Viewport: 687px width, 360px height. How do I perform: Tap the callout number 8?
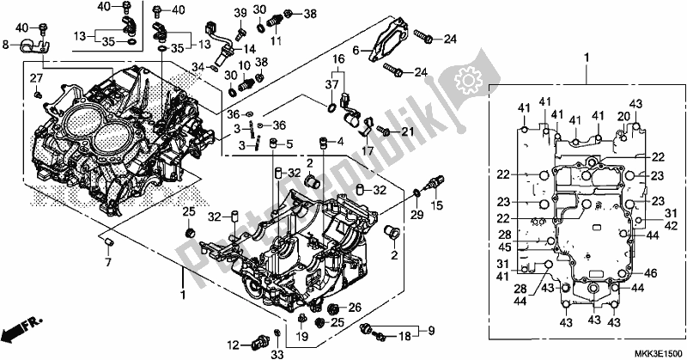click(5, 45)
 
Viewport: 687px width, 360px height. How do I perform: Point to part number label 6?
click(356, 51)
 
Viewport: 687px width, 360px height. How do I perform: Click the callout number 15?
click(437, 204)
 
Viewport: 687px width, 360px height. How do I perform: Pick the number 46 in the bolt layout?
click(651, 273)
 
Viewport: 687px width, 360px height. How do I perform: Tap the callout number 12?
click(234, 346)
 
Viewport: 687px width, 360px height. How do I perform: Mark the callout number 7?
click(108, 263)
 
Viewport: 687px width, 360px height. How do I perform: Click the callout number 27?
click(36, 78)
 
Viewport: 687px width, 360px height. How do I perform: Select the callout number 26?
click(356, 308)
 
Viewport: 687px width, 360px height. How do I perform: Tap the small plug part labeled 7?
click(108, 241)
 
